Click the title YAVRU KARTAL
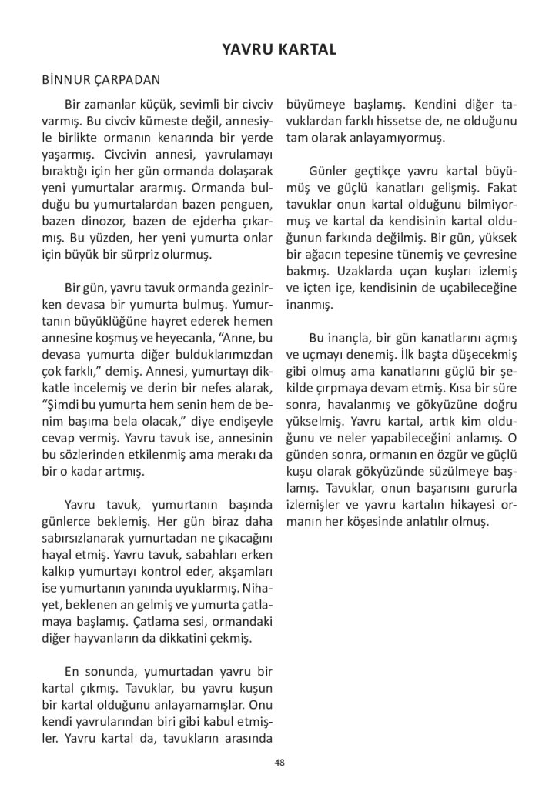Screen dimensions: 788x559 coord(279,50)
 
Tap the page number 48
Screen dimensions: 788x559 coord(279,763)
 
